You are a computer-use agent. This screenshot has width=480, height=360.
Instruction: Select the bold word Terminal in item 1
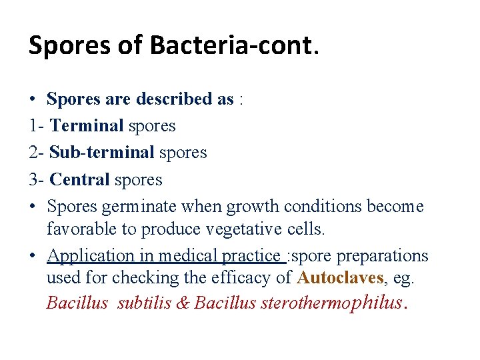tap(87, 126)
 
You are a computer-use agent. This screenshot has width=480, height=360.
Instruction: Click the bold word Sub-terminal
tap(102, 153)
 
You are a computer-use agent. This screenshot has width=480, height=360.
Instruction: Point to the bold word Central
tap(79, 179)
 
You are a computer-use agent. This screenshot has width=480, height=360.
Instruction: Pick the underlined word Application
tap(91, 256)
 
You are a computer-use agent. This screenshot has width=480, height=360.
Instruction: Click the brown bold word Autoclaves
tap(341, 278)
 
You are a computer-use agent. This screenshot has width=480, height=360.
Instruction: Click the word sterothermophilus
tap(333, 303)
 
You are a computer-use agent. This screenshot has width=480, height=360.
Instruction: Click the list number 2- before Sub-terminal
tap(37, 153)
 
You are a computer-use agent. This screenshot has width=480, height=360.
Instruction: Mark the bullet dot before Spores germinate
tap(33, 207)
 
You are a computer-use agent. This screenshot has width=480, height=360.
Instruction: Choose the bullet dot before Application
tap(33, 256)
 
